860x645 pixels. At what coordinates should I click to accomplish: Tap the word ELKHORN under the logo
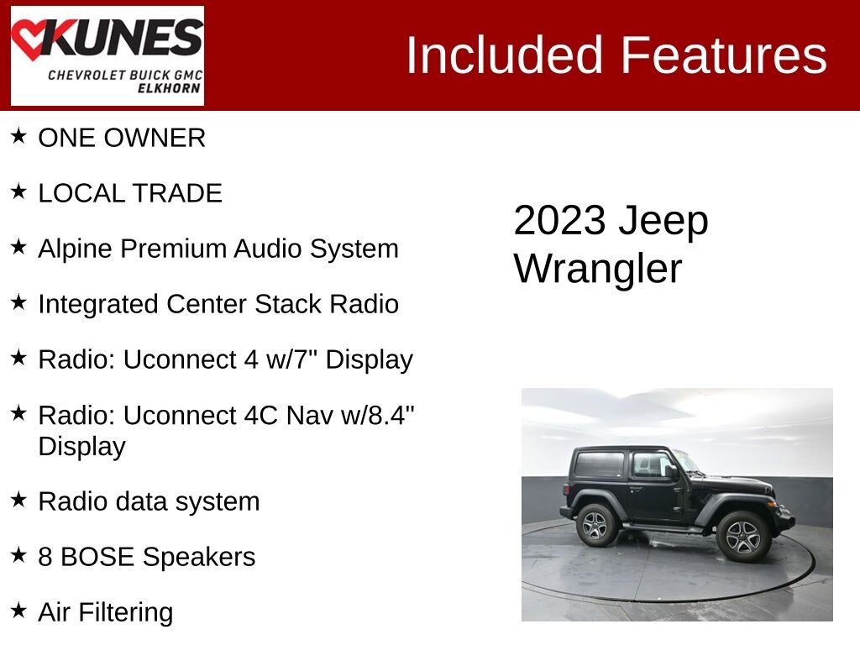click(x=169, y=90)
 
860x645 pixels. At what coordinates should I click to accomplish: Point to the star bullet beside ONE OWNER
click(x=18, y=136)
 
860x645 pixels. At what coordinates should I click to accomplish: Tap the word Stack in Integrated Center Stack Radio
click(x=289, y=304)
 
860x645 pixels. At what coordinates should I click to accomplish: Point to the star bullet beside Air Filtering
click(x=18, y=611)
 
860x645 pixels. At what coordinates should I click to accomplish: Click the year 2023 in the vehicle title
click(x=559, y=221)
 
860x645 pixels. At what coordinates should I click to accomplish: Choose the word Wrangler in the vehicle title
click(x=598, y=270)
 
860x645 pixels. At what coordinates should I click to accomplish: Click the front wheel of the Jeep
click(x=743, y=536)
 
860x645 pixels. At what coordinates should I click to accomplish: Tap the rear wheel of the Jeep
click(x=597, y=525)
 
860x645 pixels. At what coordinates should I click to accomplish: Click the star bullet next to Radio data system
click(x=18, y=500)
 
